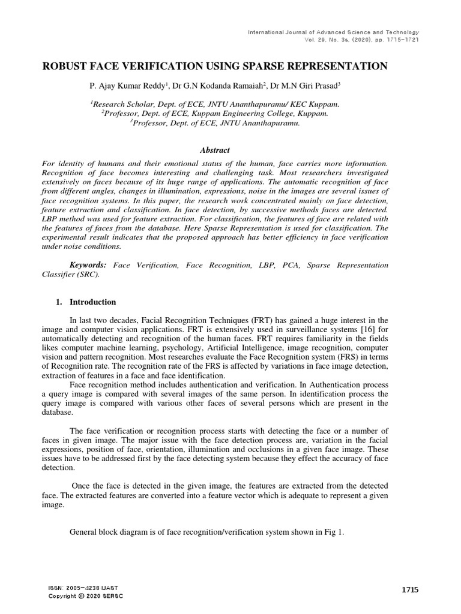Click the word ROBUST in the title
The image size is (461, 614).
pos(65,66)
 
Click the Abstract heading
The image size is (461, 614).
pos(214,151)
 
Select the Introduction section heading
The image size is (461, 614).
pos(93,302)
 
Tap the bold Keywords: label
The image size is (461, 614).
pos(88,265)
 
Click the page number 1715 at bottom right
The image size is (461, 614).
pos(409,590)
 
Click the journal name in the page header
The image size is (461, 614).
pos(333,32)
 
